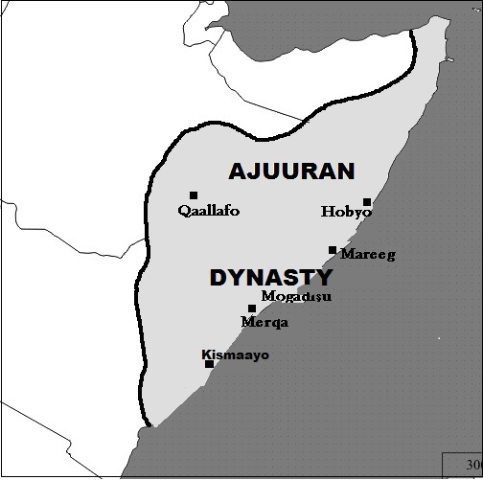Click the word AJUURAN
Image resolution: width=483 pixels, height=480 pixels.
click(x=291, y=171)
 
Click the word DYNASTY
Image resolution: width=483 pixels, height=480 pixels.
click(x=271, y=278)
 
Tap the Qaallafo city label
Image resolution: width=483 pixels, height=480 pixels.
click(x=209, y=211)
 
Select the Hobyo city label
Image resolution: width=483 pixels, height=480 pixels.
click(x=346, y=212)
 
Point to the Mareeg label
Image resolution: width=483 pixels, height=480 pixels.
click(x=368, y=255)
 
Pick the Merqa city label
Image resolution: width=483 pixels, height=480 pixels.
click(x=265, y=323)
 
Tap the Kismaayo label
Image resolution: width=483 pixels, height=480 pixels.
click(x=236, y=355)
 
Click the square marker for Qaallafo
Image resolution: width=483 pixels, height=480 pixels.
click(x=194, y=195)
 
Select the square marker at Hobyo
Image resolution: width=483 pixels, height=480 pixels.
click(x=367, y=202)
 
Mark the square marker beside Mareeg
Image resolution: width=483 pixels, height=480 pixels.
click(x=333, y=250)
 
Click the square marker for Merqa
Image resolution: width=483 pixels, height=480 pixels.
click(x=252, y=309)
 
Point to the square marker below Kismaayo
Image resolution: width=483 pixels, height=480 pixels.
click(x=209, y=364)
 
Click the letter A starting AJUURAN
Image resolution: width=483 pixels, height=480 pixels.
click(x=237, y=171)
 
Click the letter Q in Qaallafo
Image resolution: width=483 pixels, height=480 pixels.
click(x=184, y=211)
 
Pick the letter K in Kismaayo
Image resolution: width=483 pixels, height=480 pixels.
click(x=206, y=355)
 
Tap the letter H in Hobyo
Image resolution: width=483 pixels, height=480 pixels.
click(x=326, y=212)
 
